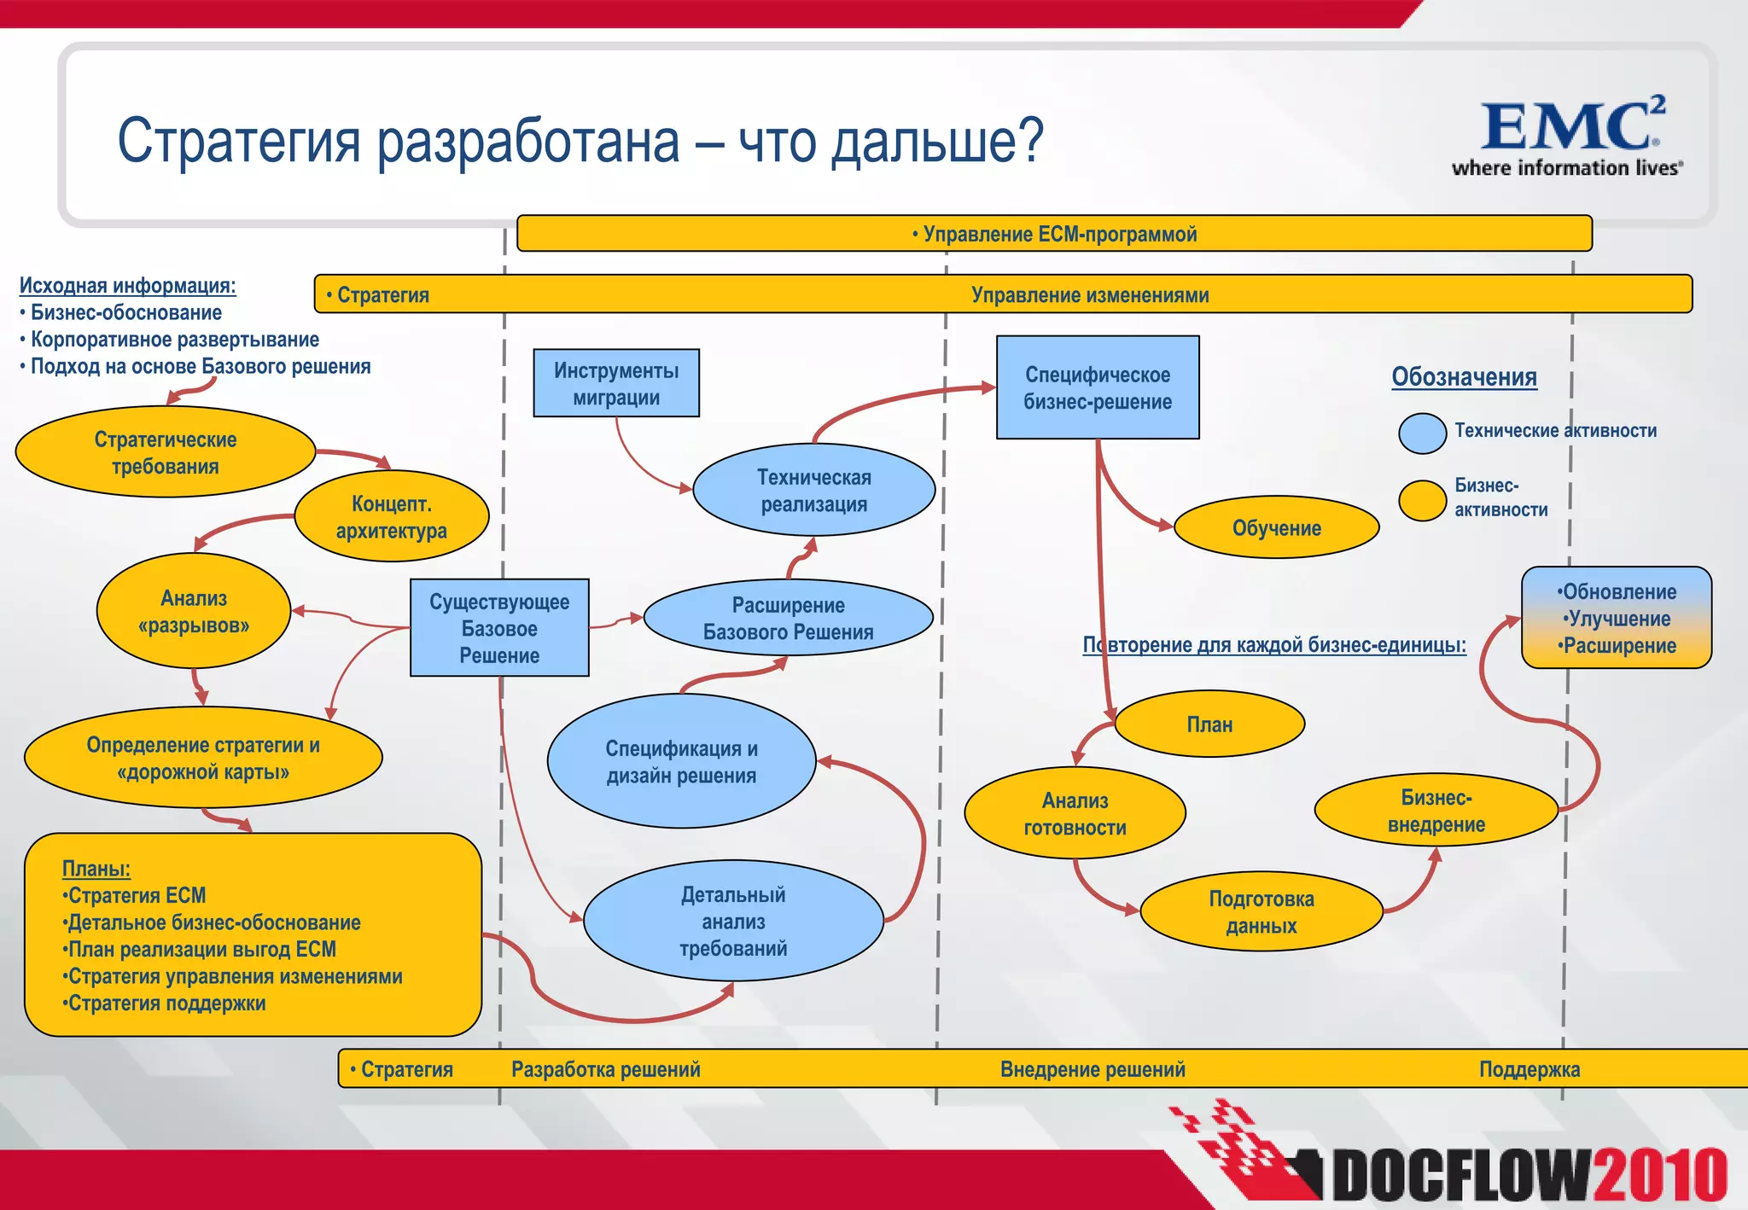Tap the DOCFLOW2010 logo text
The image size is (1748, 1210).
1528,1175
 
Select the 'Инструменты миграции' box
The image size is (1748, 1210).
616,383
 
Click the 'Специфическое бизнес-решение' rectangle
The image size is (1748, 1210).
1098,387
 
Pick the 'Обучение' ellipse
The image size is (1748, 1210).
1276,528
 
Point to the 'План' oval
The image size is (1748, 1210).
1209,724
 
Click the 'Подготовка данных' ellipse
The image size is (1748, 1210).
1261,912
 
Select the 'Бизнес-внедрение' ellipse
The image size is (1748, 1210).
1436,811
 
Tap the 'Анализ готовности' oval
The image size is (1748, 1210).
1075,813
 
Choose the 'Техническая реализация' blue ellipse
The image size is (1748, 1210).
813,491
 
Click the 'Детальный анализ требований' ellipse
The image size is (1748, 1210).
733,922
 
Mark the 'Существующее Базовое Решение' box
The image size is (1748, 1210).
499,629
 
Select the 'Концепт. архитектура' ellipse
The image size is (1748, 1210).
391,517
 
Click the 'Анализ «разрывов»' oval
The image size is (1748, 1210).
194,612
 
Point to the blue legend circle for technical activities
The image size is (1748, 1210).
1422,433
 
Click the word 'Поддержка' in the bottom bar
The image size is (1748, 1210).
1529,1069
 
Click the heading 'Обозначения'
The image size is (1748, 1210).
1464,376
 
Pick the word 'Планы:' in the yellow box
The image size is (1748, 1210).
96,869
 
